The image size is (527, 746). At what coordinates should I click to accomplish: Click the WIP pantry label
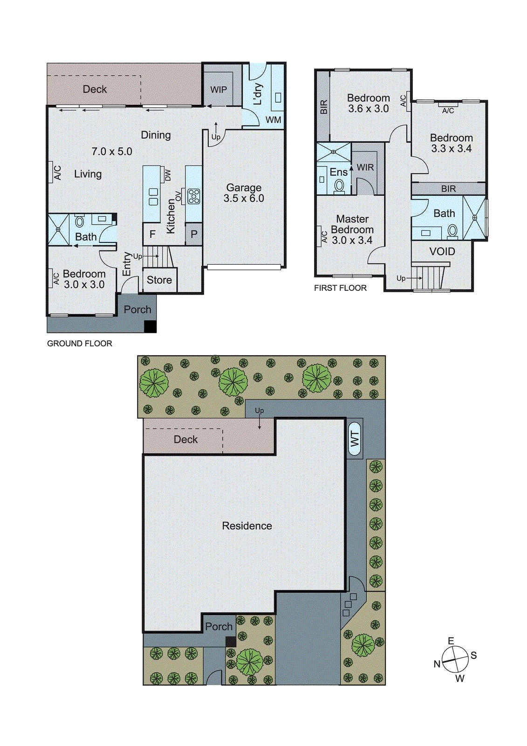coord(219,90)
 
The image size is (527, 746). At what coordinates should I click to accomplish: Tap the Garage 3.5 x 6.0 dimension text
coord(244,199)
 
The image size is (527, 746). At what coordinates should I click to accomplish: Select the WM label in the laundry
coord(274,120)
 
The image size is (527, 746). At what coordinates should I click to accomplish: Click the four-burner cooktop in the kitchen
coord(194,196)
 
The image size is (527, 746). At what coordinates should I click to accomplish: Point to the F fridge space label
coord(152,234)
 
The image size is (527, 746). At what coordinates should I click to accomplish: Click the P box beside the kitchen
coord(194,235)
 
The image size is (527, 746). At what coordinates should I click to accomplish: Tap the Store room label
coord(159,280)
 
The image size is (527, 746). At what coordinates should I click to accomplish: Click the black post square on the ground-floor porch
coord(150,327)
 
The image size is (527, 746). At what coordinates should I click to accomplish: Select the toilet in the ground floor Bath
coord(80,221)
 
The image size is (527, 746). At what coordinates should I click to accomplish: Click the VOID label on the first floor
coord(442,252)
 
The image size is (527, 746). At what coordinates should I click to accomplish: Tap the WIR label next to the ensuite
coord(365,167)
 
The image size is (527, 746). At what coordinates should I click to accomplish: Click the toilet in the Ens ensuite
coord(339,186)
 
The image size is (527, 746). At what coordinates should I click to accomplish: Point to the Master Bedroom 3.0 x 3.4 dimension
coord(352,241)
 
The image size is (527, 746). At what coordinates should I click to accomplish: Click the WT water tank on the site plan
coord(355,438)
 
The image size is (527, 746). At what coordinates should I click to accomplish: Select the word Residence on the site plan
coord(247,526)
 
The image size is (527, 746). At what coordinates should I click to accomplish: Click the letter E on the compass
coord(451,641)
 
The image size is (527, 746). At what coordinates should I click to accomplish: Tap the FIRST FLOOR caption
coord(340,288)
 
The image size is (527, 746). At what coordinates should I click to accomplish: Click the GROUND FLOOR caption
coord(80,344)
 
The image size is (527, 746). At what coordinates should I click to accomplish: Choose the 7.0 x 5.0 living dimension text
coord(112,152)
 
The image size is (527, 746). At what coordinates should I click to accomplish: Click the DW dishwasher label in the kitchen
coord(168,175)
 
